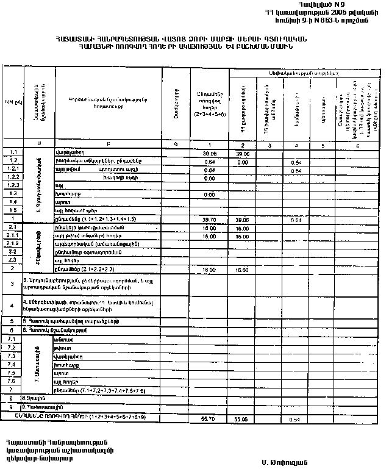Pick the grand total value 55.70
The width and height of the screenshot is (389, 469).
[209, 420]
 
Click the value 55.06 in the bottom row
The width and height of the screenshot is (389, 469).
[243, 420]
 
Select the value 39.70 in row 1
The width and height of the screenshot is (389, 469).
[209, 218]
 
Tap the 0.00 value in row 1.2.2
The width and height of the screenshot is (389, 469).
[209, 178]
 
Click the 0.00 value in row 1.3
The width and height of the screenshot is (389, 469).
[209, 194]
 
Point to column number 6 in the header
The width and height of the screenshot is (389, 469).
[357, 145]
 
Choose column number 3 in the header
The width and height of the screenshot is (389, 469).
[268, 145]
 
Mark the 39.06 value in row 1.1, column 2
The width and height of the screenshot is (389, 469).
[243, 154]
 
